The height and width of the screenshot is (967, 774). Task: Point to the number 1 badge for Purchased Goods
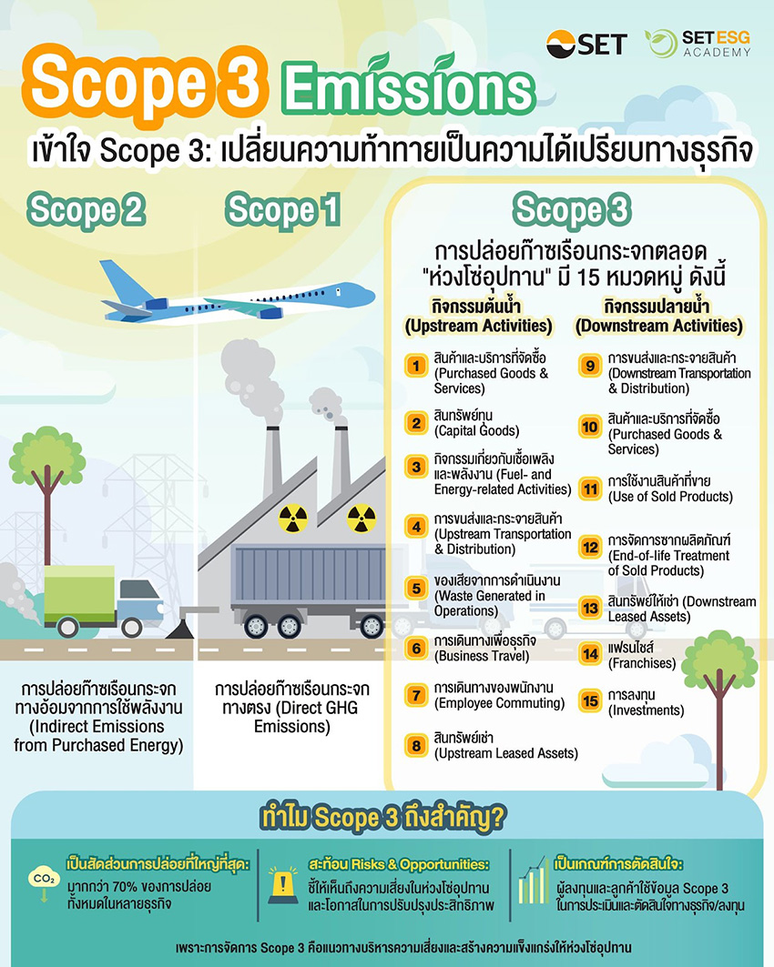(x=415, y=367)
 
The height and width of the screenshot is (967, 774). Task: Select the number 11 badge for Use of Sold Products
(x=590, y=489)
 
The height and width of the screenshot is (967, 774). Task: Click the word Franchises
(x=643, y=663)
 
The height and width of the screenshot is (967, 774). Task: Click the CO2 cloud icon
(x=44, y=881)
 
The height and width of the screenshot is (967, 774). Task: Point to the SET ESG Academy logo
(x=698, y=44)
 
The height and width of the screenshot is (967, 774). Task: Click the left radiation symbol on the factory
(x=293, y=519)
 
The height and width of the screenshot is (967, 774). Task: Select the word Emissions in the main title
(x=406, y=89)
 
